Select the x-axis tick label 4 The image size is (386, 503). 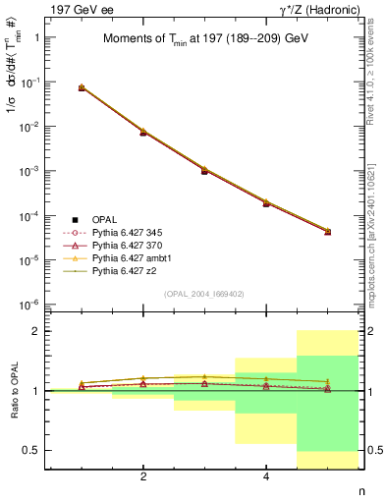(x=266, y=477)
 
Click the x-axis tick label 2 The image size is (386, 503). (x=143, y=477)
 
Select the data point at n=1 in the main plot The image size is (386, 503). (x=82, y=88)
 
